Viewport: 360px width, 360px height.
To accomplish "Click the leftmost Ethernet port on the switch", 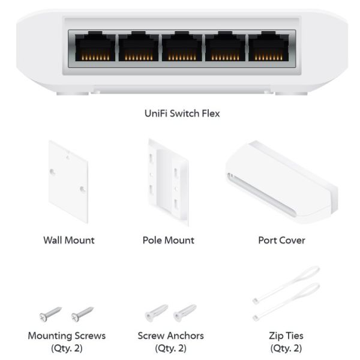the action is pos(95,47).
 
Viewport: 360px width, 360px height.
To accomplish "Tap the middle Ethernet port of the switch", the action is pos(182,47).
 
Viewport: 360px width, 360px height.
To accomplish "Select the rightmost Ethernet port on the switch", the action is pos(268,47).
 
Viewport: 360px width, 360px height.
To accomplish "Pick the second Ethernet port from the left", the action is pos(139,47).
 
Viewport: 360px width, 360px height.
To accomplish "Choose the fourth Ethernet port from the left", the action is pos(225,47).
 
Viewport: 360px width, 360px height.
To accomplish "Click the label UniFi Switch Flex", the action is pos(182,113).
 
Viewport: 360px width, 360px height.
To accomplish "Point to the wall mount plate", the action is pos(68,182).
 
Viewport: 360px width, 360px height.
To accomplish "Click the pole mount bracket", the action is pos(168,182).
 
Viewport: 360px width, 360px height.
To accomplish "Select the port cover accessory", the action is pos(282,182).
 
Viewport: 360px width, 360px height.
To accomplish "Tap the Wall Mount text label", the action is pos(69,241).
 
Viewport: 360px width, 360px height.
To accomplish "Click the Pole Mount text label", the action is pos(169,241).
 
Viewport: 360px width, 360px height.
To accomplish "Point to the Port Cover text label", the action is pos(282,241).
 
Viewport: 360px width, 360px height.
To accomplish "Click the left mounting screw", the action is pos(50,314).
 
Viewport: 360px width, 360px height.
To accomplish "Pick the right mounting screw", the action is pos(82,314).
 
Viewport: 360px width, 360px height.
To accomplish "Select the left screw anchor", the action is pos(157,313).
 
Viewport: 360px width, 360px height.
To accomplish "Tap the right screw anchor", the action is pos(185,313).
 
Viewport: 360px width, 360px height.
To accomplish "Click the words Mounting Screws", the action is pos(67,335).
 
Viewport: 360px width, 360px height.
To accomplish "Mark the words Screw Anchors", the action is pos(171,335).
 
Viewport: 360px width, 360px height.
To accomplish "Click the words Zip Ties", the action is pos(286,336).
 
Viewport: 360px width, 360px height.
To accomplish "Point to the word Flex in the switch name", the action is pos(211,113).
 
